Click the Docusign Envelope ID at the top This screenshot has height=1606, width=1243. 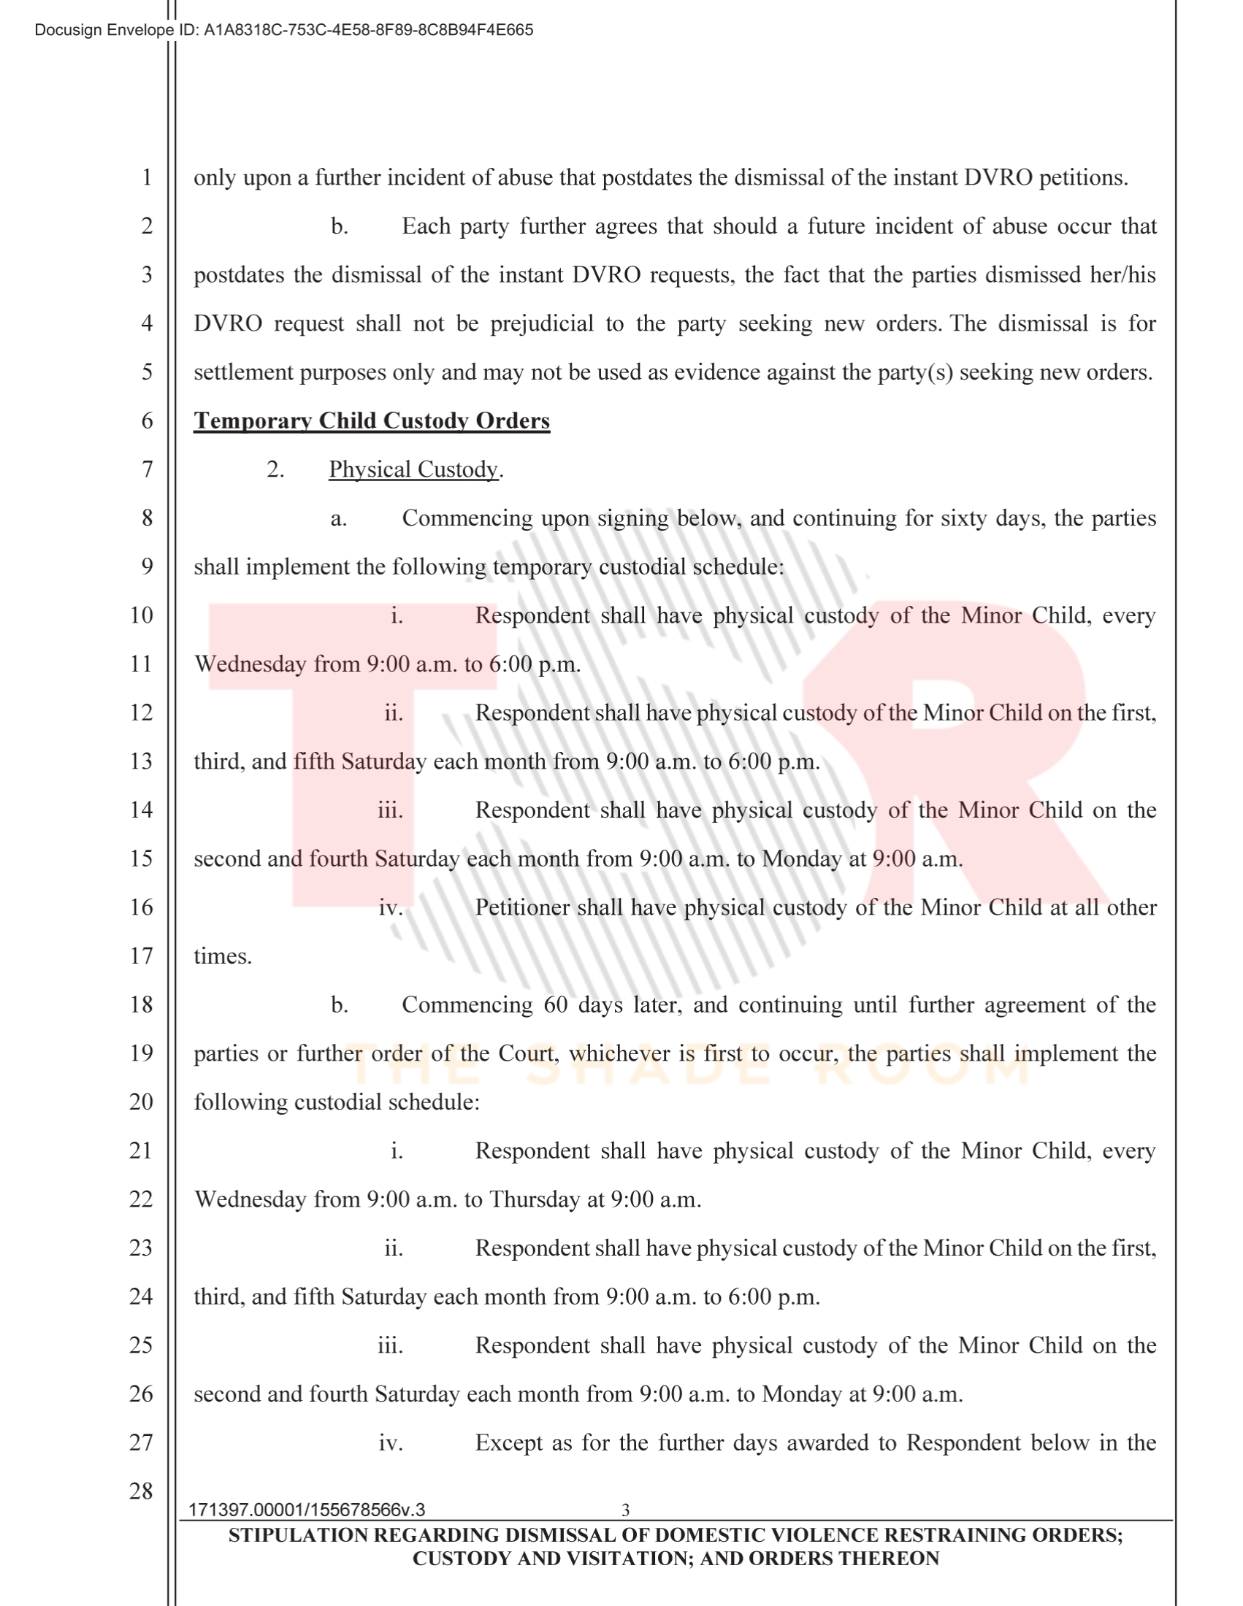point(283,30)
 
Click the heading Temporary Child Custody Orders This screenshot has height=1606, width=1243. point(372,420)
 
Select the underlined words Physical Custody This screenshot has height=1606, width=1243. point(413,469)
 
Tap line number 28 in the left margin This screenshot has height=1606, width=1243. point(141,1491)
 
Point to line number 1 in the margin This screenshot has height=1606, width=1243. point(147,177)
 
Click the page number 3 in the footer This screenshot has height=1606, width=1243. point(625,1510)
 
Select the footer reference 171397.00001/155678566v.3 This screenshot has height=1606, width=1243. point(307,1510)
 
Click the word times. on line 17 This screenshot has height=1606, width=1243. point(223,956)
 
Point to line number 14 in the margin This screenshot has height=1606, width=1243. point(141,810)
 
